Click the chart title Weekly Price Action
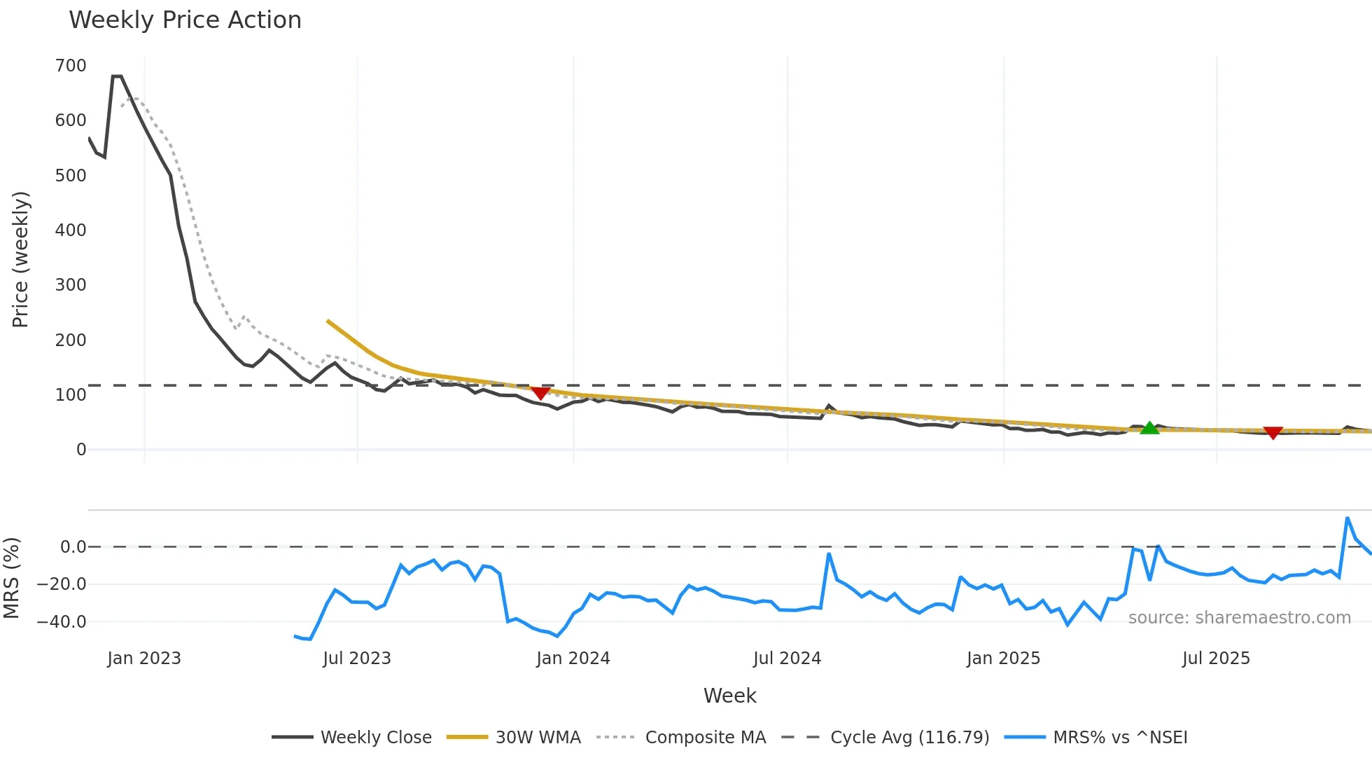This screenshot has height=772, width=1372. (x=185, y=20)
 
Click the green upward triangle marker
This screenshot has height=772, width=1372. (x=1149, y=428)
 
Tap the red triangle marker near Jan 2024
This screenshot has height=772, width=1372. (x=540, y=393)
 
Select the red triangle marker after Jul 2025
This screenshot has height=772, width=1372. (x=1273, y=433)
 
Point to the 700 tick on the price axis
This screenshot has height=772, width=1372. (x=71, y=66)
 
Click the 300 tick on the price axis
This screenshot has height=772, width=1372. (x=71, y=285)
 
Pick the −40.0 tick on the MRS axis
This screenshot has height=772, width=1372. (x=62, y=621)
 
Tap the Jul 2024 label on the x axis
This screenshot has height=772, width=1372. (x=787, y=659)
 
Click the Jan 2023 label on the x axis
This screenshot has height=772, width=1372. (x=144, y=659)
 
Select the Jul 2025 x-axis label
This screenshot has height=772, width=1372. (x=1216, y=659)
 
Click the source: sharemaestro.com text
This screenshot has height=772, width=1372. (x=1239, y=618)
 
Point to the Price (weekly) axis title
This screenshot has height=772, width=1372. (x=20, y=259)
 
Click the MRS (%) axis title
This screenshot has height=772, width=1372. (x=11, y=578)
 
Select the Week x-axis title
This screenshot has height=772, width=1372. (x=729, y=696)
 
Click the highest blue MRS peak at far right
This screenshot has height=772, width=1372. (x=1347, y=518)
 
